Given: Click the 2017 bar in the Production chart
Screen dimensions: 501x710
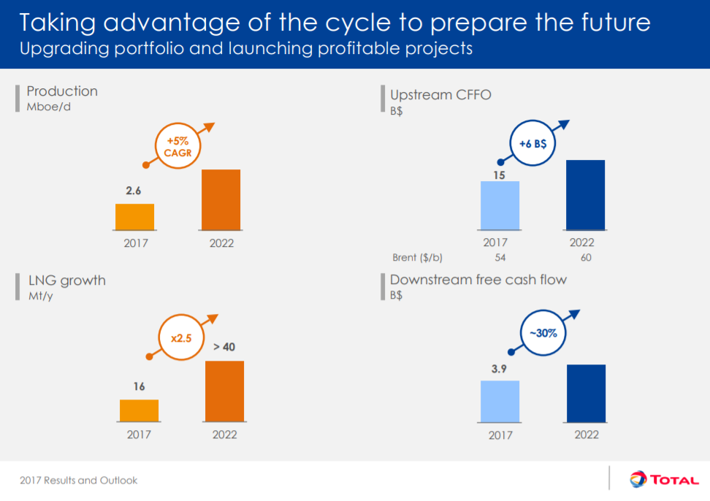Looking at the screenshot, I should click(x=134, y=217).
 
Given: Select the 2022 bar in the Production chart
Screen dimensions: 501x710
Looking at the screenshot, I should click(x=221, y=199).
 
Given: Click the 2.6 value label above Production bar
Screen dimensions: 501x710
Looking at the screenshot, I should click(x=134, y=191).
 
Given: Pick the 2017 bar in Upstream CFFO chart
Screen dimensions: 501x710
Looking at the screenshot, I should click(x=500, y=205).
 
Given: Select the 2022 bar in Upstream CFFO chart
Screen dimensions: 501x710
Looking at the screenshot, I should click(x=585, y=195).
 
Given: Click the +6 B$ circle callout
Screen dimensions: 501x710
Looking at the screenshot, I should click(x=533, y=144).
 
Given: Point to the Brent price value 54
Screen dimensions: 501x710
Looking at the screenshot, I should click(x=500, y=258).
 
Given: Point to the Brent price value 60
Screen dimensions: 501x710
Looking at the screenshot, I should click(x=585, y=258).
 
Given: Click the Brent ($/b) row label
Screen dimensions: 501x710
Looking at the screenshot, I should click(x=418, y=258).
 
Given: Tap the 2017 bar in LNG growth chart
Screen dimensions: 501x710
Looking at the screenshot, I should click(x=139, y=410).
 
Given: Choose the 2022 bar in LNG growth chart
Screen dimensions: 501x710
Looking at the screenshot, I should click(x=224, y=391).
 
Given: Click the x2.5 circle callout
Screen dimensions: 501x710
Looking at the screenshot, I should click(x=180, y=338).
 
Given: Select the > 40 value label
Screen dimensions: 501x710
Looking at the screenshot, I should click(x=224, y=347).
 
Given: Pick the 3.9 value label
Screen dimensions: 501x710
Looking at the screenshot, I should click(x=500, y=369).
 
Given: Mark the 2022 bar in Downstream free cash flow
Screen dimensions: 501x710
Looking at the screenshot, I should click(x=586, y=393).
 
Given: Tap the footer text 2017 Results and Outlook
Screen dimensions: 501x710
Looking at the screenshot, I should click(x=79, y=481).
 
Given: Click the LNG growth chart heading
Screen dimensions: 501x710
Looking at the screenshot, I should click(x=66, y=280).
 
